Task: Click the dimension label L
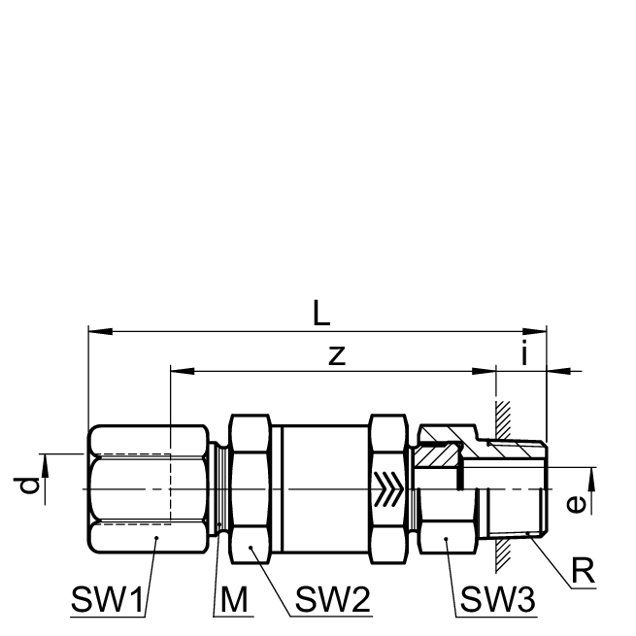(322, 314)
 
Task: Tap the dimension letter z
(336, 355)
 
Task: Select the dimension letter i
(525, 355)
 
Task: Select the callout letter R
(583, 571)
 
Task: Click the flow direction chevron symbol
(387, 489)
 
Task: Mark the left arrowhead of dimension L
(94, 332)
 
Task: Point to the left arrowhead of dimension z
(177, 371)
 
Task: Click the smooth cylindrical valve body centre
(320, 489)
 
